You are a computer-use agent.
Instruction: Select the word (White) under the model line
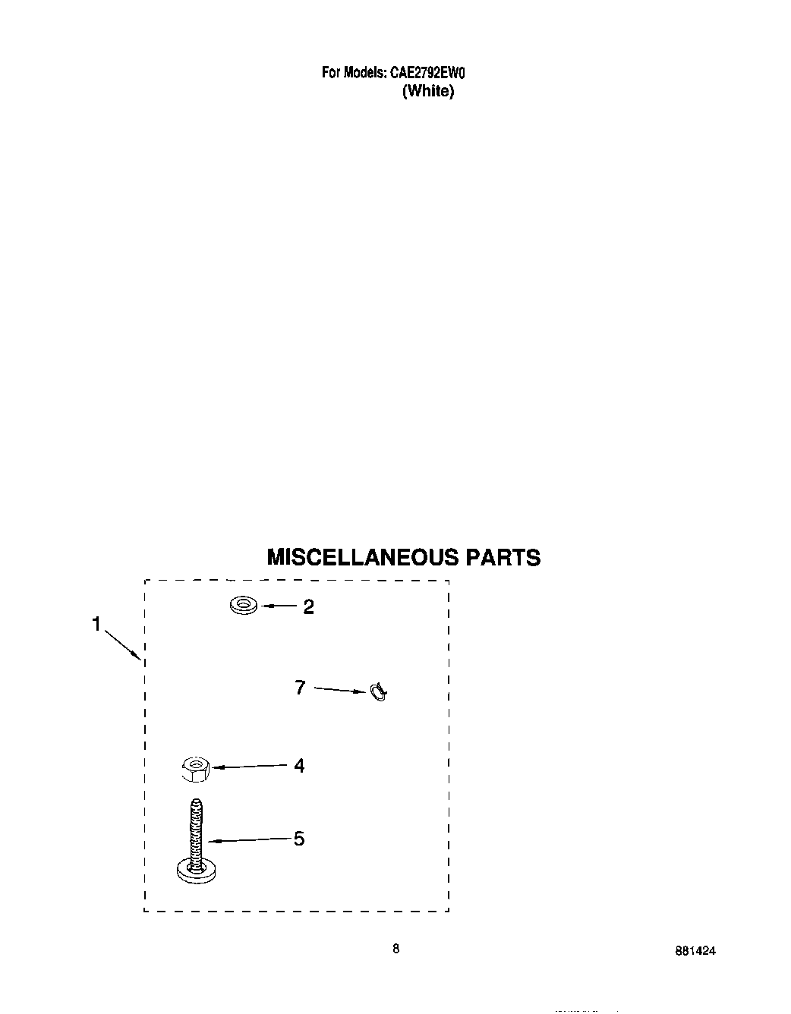point(428,91)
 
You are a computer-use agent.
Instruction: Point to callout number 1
point(96,624)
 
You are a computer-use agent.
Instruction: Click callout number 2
point(308,607)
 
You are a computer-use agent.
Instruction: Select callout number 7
point(300,688)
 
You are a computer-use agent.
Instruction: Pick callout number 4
point(299,766)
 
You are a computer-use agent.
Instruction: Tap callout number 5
point(299,839)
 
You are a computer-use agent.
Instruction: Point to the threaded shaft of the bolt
point(196,827)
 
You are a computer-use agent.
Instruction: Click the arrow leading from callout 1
point(121,642)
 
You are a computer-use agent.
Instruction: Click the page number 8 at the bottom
point(395,948)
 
